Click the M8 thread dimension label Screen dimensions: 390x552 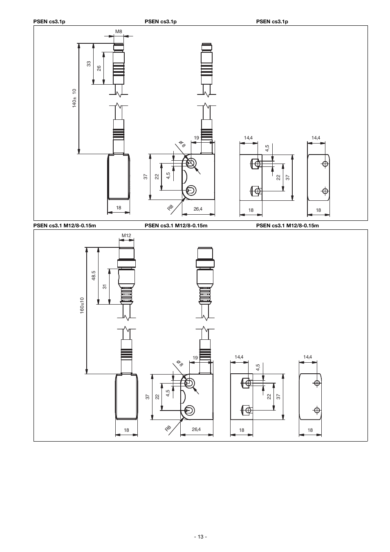(119, 31)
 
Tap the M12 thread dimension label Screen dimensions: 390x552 (126, 236)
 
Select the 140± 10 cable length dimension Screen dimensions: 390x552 (74, 98)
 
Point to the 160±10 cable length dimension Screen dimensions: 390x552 (82, 305)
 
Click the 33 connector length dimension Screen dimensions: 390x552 (89, 64)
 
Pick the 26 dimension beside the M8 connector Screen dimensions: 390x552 (99, 68)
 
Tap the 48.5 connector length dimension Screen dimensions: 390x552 (93, 276)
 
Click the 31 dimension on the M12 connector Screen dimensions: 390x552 (105, 287)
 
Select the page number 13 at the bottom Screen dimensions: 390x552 (201, 536)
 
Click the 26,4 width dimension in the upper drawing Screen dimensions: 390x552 (198, 209)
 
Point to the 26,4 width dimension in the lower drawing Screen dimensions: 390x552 (196, 429)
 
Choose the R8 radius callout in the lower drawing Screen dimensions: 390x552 (168, 429)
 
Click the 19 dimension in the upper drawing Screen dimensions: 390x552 (196, 138)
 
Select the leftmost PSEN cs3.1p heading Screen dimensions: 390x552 (49, 21)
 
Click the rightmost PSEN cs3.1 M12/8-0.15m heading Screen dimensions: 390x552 (287, 225)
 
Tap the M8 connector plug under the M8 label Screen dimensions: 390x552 (119, 64)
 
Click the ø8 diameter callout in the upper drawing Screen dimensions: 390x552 (182, 144)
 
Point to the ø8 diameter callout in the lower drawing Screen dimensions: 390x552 (180, 363)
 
